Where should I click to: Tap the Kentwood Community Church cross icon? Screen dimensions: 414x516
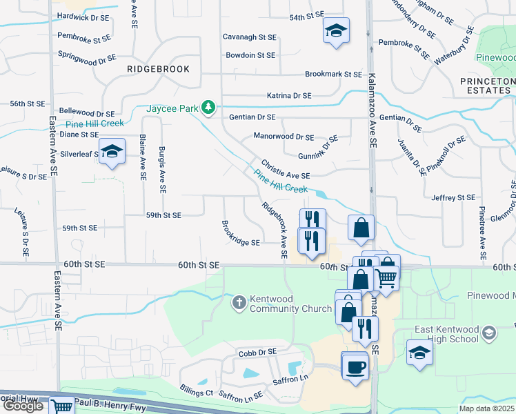click(239, 302)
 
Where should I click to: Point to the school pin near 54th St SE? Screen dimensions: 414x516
click(336, 30)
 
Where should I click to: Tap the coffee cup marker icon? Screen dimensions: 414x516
click(355, 366)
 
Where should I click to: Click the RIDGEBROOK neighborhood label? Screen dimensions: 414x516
click(158, 69)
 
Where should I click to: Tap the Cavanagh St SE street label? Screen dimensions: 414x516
click(249, 37)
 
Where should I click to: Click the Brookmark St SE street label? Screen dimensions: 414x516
click(333, 74)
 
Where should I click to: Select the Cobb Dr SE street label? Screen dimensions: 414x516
click(257, 352)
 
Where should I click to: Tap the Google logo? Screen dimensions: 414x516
click(23, 406)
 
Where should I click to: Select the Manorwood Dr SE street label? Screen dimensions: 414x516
click(284, 137)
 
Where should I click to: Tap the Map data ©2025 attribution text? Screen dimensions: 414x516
click(487, 408)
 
